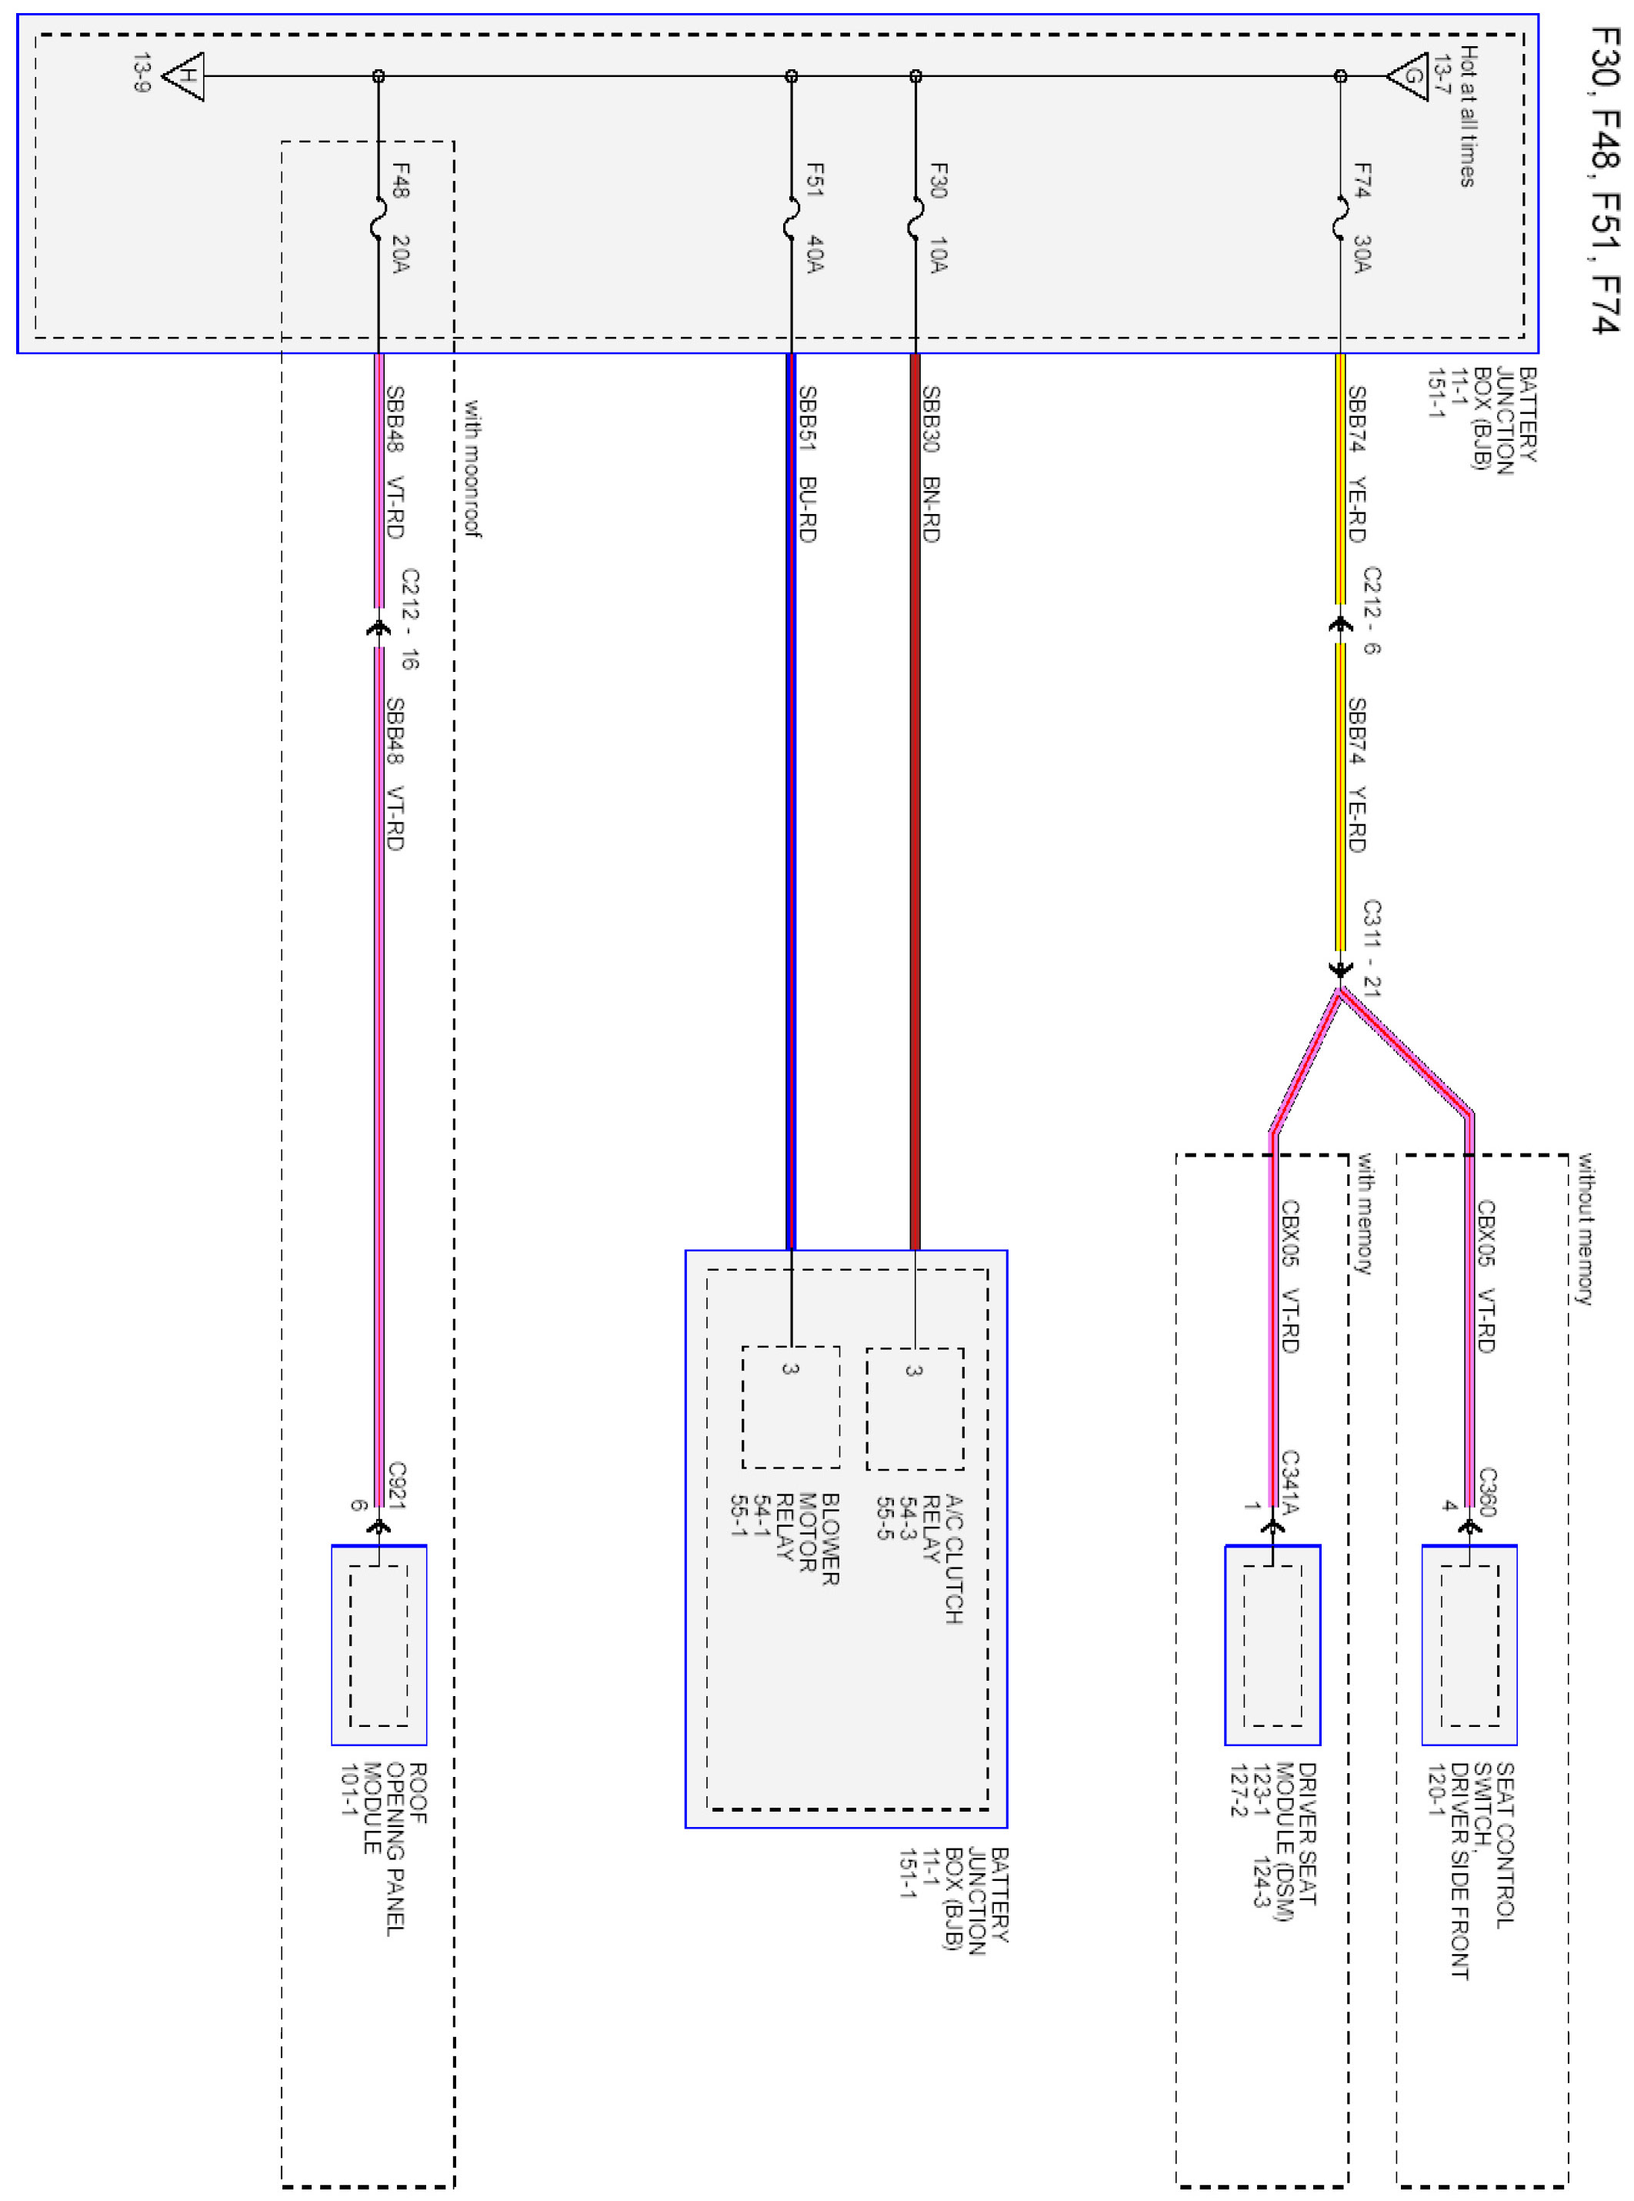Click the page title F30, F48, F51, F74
1604,180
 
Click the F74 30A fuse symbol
1340,219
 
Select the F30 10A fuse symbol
916,219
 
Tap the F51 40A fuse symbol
792,219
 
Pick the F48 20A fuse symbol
378,219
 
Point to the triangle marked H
185,76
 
